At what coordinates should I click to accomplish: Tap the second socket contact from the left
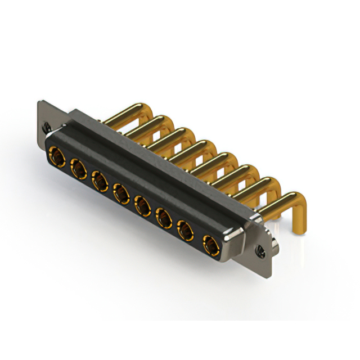[78, 167]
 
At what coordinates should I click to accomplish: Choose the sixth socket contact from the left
[163, 217]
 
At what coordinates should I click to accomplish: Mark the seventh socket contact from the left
[184, 230]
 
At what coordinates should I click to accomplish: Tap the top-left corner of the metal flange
[38, 102]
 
